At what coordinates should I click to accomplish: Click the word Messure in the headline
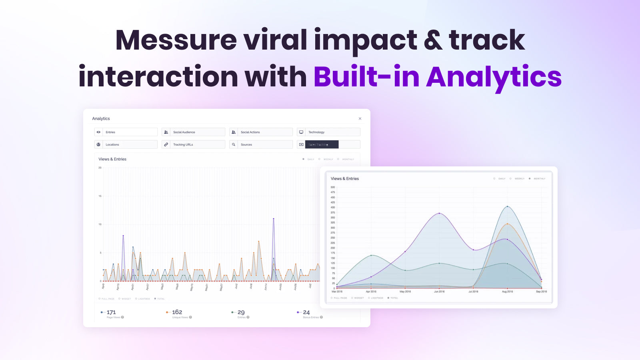click(176, 40)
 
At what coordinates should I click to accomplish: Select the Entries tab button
click(126, 132)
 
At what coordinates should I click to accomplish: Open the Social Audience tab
click(193, 132)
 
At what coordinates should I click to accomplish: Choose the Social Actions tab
click(261, 132)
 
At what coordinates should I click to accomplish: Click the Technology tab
click(328, 132)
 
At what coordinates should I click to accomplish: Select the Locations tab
click(126, 144)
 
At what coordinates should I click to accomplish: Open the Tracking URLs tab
click(193, 144)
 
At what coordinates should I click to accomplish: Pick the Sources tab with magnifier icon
click(261, 144)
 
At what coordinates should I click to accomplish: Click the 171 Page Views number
click(111, 312)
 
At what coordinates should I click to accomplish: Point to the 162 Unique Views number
click(177, 312)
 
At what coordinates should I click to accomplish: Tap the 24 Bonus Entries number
click(306, 312)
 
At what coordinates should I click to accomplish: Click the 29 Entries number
click(241, 312)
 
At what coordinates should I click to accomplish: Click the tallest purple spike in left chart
click(274, 219)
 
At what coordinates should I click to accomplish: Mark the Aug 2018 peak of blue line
click(507, 206)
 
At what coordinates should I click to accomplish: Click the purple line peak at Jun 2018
click(439, 213)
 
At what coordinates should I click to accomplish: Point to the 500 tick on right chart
click(333, 187)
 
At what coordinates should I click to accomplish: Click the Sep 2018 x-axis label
click(541, 292)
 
